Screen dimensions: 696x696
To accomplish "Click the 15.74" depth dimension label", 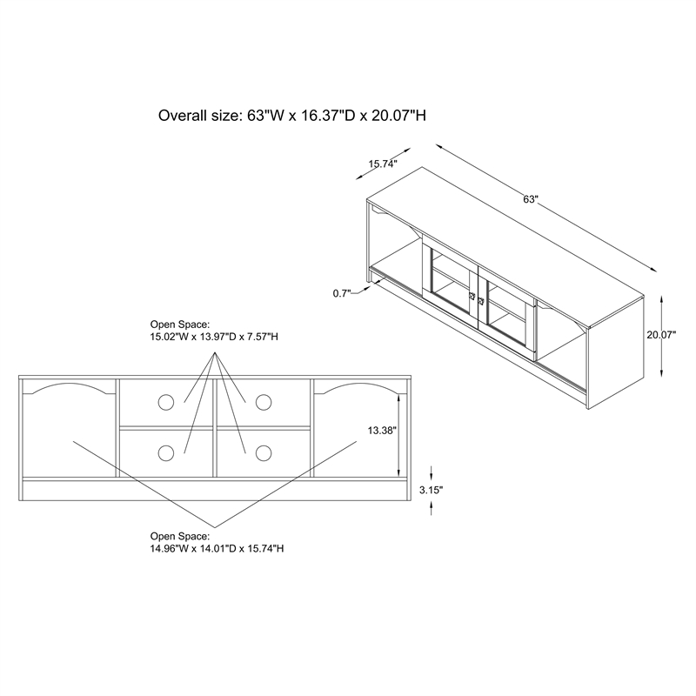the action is point(382,164).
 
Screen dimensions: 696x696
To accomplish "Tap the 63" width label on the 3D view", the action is point(530,199).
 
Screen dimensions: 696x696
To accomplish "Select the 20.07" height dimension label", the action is point(661,335).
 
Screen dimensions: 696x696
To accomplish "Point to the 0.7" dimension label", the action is point(342,293).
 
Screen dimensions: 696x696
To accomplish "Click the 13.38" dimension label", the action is point(382,430).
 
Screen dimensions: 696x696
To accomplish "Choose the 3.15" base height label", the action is point(431,490).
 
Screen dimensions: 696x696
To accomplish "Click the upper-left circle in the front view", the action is point(166,402).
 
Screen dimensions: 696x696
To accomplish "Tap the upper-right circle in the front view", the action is point(264,402).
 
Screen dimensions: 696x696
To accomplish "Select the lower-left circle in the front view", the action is point(166,453).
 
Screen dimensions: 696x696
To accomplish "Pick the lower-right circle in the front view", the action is point(264,453).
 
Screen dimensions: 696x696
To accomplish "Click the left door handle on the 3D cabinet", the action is point(472,296).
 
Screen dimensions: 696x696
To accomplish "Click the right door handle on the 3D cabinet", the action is point(481,301).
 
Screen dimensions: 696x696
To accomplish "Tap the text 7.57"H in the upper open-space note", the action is point(263,337).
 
